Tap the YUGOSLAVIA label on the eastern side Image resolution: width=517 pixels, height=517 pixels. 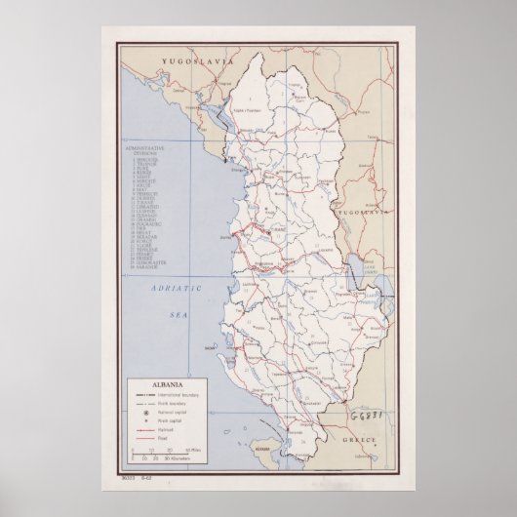[365, 210]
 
